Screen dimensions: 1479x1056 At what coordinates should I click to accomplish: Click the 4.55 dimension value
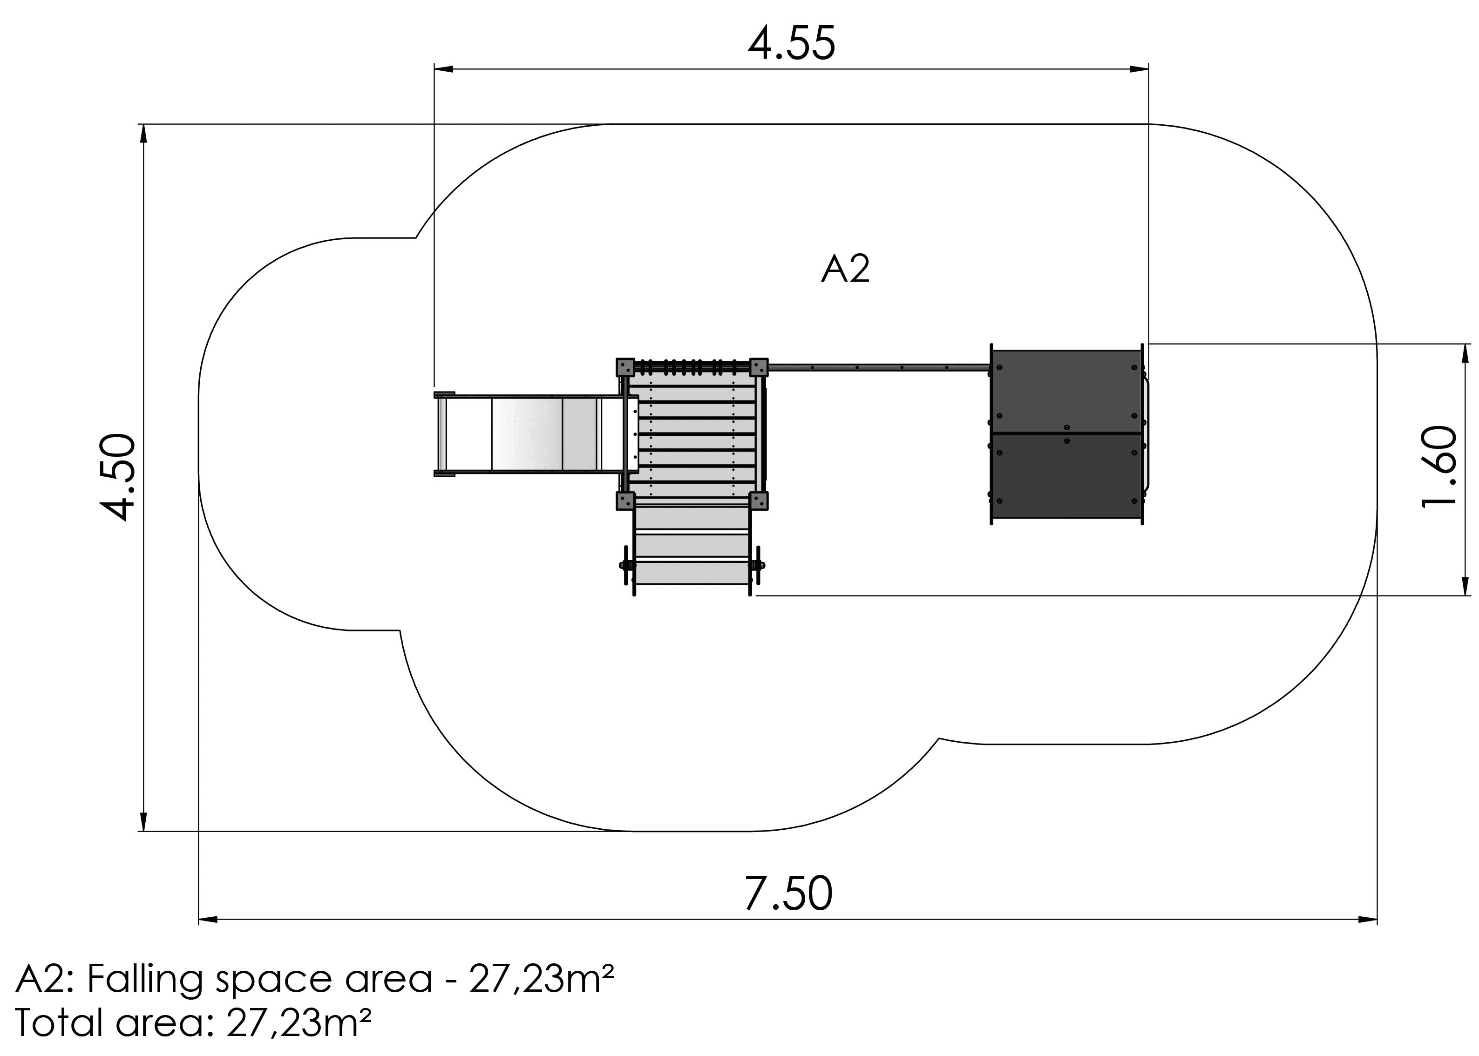click(791, 45)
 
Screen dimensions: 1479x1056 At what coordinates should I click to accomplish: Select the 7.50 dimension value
click(787, 894)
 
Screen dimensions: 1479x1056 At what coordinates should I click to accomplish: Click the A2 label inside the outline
click(845, 269)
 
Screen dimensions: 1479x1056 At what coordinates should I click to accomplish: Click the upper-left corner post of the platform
click(625, 367)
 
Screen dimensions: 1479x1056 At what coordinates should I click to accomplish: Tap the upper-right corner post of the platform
click(759, 367)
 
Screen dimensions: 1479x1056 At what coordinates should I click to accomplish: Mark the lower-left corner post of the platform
click(625, 501)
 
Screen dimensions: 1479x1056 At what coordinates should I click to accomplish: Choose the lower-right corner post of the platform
click(759, 501)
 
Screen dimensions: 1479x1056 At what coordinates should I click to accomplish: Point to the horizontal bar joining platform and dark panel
click(878, 368)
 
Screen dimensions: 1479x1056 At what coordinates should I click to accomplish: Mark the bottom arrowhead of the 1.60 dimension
click(1465, 587)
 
